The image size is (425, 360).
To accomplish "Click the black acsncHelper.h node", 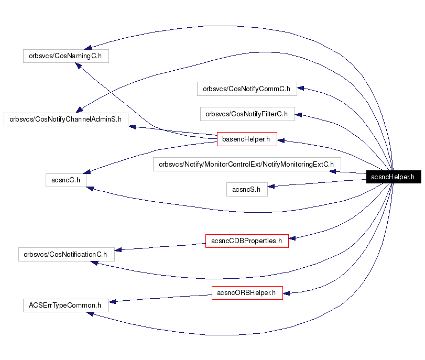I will (393, 177).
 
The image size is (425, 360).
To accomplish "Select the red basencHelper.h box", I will (246, 139).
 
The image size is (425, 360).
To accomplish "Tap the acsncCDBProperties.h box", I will (246, 241).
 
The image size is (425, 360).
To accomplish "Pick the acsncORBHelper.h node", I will (247, 293).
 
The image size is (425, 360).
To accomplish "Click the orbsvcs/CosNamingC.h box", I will (66, 56).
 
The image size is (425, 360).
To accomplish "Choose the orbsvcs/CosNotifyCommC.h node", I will (247, 89).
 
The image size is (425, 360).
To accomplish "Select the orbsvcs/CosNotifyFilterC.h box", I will (247, 113).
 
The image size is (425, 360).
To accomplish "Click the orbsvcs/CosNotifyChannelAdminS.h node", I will (66, 119).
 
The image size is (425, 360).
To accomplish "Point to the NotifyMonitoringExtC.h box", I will (246, 164).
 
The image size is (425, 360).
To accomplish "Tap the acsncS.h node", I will (246, 189).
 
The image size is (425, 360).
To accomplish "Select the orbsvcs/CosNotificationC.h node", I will (66, 254).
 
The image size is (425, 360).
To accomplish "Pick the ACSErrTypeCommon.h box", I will (66, 305).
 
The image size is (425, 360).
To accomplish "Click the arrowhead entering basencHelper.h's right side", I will (281, 140).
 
